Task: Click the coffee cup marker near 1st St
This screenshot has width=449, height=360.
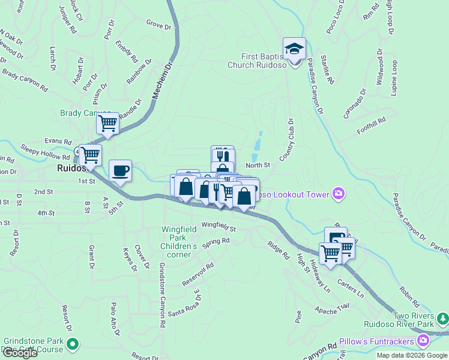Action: [x=121, y=170]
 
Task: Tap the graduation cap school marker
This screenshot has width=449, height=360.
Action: [x=294, y=49]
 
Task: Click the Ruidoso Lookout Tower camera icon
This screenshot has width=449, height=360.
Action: [x=339, y=193]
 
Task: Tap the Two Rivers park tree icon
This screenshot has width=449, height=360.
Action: [x=442, y=317]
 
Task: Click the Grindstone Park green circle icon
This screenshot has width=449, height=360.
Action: [x=73, y=344]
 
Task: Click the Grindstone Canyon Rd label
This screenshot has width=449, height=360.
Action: [x=161, y=294]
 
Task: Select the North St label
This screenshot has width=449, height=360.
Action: [x=258, y=165]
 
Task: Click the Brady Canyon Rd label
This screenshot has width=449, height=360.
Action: [x=25, y=80]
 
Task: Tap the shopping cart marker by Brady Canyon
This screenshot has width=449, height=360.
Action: [x=107, y=124]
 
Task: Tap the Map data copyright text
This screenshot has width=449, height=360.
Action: [x=412, y=355]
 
